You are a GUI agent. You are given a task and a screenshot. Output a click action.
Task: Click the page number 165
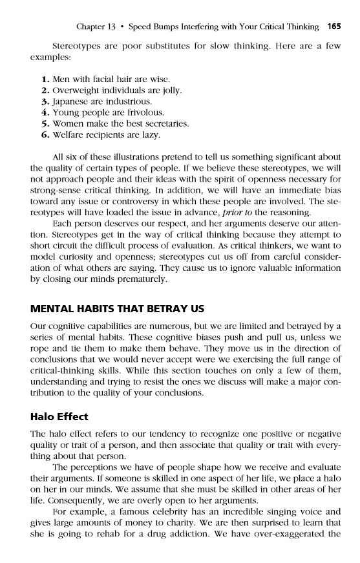pyautogui.click(x=334, y=27)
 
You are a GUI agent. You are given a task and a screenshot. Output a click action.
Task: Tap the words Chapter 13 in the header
pyautogui.click(x=95, y=27)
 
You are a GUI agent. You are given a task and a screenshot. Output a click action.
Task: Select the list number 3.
pyautogui.click(x=45, y=102)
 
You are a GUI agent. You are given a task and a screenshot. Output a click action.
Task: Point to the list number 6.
pyautogui.click(x=45, y=135)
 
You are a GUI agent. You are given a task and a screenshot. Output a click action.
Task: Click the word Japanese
pyautogui.click(x=70, y=102)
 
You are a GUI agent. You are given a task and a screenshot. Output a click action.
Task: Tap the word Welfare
pyautogui.click(x=70, y=135)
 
